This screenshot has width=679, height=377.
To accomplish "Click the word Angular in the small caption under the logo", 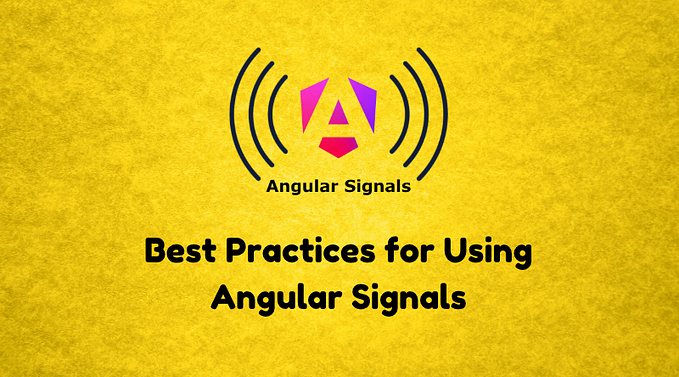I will coord(301,187).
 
